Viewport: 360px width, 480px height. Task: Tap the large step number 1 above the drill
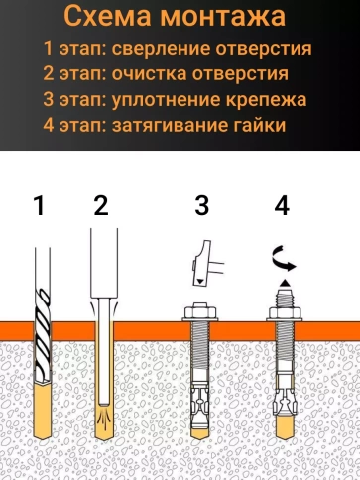[x=39, y=206]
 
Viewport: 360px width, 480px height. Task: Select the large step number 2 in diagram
[x=100, y=206]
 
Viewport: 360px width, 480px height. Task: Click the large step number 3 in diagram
[x=201, y=206]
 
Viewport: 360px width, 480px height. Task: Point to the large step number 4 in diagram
[x=282, y=206]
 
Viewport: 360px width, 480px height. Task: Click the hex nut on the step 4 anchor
[x=282, y=314]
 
